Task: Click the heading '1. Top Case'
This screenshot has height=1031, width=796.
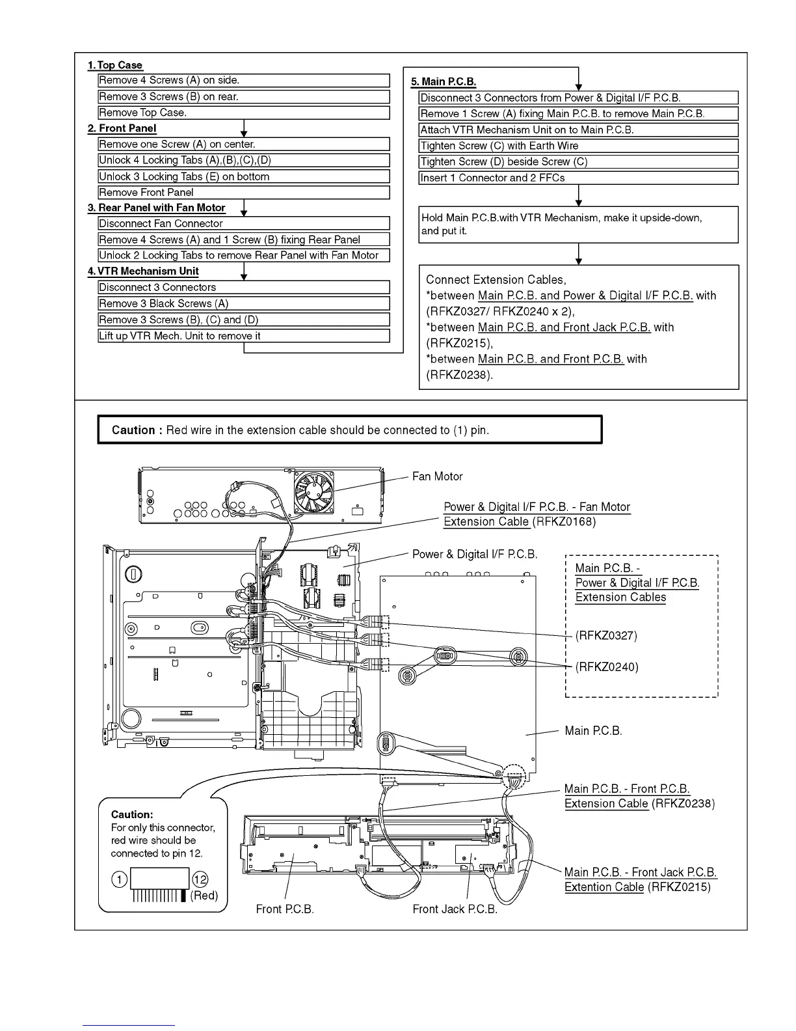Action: pyautogui.click(x=115, y=65)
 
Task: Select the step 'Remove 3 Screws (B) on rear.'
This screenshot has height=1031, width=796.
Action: pyautogui.click(x=168, y=97)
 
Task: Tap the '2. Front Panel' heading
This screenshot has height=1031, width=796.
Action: pyautogui.click(x=122, y=128)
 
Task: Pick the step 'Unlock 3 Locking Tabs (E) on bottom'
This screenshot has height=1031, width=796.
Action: pyautogui.click(x=184, y=176)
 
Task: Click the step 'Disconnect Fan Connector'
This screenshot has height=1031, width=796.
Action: pyautogui.click(x=161, y=223)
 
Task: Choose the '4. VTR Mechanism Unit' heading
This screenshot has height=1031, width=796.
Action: pyautogui.click(x=144, y=271)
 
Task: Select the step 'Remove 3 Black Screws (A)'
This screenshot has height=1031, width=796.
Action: pyautogui.click(x=163, y=303)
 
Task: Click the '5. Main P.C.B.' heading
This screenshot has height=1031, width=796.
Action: pyautogui.click(x=444, y=81)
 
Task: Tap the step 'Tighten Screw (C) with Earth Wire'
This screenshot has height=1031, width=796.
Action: pyautogui.click(x=499, y=146)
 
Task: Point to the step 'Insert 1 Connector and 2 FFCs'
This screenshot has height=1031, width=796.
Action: pyautogui.click(x=492, y=178)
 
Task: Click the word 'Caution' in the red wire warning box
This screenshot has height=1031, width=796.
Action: pyautogui.click(x=133, y=430)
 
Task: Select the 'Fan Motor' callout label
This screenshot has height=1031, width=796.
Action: pyautogui.click(x=438, y=476)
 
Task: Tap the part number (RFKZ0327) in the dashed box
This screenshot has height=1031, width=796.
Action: pyautogui.click(x=606, y=635)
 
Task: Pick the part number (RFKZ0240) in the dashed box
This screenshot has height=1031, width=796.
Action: pyautogui.click(x=607, y=667)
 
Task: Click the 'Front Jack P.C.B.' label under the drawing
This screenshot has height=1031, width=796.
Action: pyautogui.click(x=455, y=909)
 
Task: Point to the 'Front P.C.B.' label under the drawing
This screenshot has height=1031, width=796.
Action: pyautogui.click(x=285, y=909)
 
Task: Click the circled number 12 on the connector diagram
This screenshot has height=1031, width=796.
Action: pyautogui.click(x=200, y=880)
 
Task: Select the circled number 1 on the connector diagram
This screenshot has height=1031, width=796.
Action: pyautogui.click(x=120, y=880)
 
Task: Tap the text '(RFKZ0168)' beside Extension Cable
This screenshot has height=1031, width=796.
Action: pyautogui.click(x=564, y=522)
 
